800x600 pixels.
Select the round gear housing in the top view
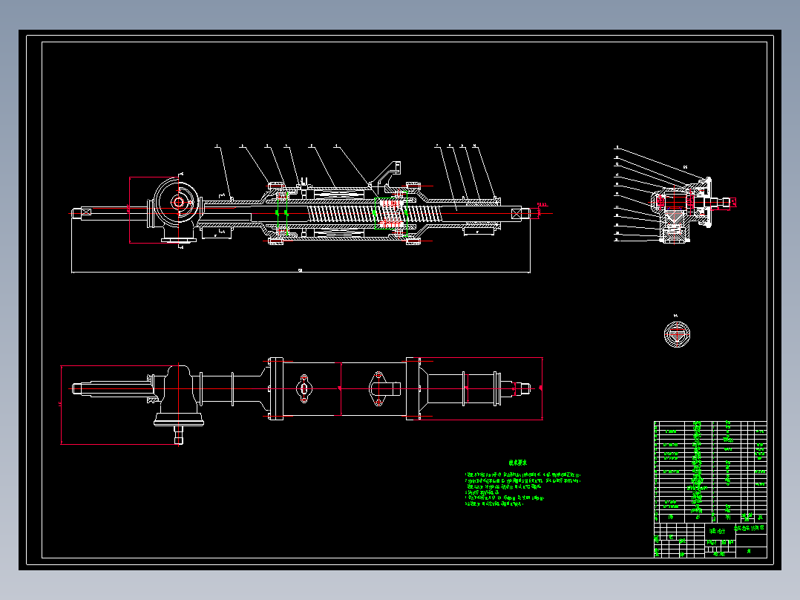point(178,202)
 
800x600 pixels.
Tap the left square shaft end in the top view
point(82,212)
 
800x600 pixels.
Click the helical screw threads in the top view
point(341,213)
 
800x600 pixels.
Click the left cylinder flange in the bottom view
point(273,388)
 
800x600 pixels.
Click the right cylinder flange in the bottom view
point(412,388)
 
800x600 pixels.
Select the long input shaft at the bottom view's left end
point(111,388)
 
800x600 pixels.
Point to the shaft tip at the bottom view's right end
point(522,388)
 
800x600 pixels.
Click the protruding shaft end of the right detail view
point(723,200)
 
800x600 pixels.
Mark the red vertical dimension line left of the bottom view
point(61,405)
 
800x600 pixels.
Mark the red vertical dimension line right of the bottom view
point(544,388)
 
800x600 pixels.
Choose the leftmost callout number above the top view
point(217,146)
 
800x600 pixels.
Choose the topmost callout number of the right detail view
point(616,149)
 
